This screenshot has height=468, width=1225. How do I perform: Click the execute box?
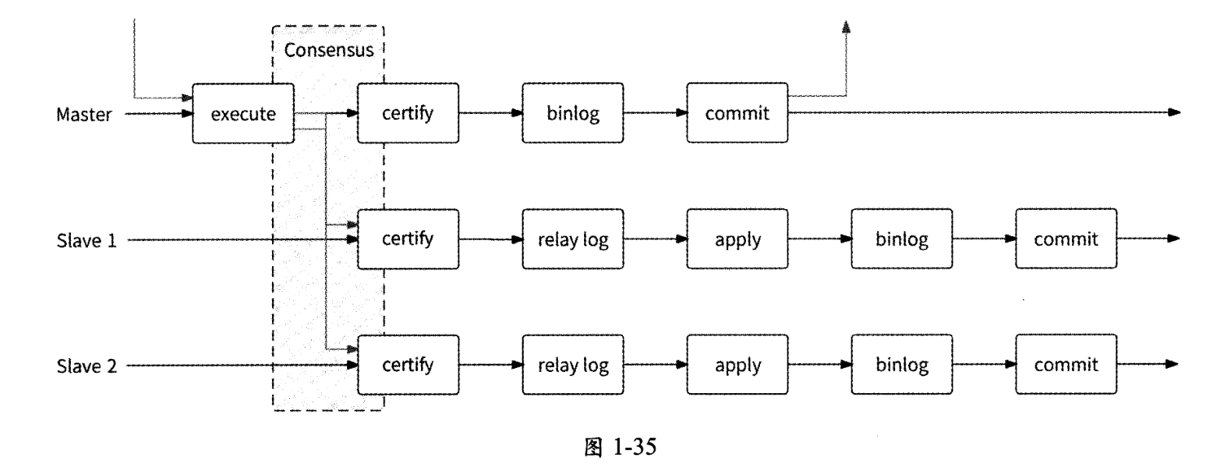point(242,113)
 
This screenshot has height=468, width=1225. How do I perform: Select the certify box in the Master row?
point(408,113)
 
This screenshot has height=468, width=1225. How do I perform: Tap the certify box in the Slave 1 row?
point(408,239)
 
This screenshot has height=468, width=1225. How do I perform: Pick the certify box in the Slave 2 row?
point(408,365)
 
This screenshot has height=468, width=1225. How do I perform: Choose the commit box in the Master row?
point(737,113)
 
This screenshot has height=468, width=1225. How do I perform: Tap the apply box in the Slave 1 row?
point(737,239)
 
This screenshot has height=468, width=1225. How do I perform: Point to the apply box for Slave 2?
point(737,365)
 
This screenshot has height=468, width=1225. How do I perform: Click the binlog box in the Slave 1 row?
point(902,239)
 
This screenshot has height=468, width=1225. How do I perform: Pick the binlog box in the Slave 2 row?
point(902,365)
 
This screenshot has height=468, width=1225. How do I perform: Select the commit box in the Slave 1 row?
point(1066,239)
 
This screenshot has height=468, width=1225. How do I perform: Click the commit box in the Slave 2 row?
point(1066,365)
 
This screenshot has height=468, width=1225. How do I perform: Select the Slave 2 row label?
point(86,365)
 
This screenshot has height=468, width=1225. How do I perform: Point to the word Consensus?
point(328,50)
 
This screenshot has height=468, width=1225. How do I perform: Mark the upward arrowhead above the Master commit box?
point(846,27)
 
